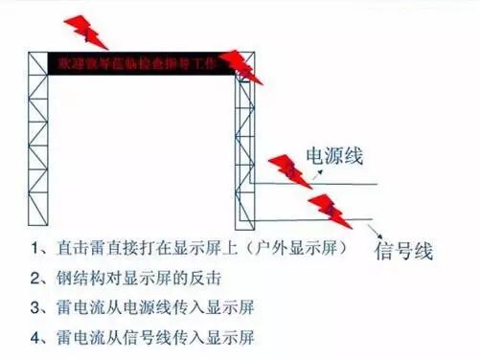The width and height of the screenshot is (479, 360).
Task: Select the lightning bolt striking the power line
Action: (291, 170)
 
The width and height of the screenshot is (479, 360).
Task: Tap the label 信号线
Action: (403, 252)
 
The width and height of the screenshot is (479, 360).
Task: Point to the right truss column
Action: (245, 153)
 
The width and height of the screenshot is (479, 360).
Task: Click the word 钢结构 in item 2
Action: (76, 279)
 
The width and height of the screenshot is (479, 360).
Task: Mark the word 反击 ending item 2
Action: (206, 279)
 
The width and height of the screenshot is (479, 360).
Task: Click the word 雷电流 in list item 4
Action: (76, 338)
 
